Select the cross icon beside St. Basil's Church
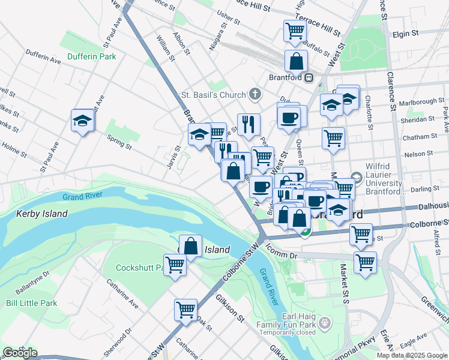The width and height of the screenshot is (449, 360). click(255, 94)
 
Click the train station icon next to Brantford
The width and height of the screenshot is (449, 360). click(308, 77)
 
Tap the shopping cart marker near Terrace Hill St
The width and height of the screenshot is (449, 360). click(295, 30)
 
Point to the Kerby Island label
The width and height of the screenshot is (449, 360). click(41, 214)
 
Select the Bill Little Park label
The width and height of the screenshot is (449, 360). click(31, 303)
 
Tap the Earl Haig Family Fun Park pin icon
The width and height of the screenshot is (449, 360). click(325, 324)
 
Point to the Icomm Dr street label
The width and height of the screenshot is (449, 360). click(282, 255)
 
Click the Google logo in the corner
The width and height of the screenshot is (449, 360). click(20, 352)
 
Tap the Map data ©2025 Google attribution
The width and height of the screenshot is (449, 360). click(412, 355)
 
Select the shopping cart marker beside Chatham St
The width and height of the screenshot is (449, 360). click(333, 139)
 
